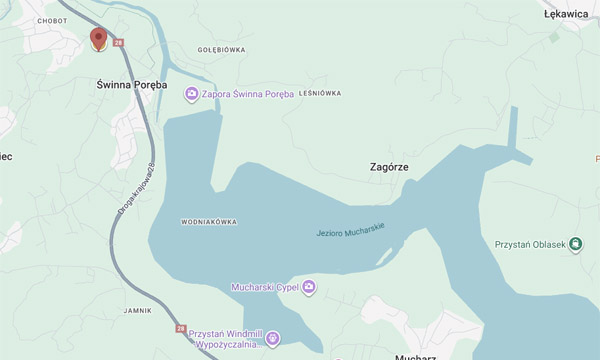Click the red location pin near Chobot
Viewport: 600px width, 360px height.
click(x=98, y=39)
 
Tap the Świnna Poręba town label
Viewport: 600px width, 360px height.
click(x=131, y=85)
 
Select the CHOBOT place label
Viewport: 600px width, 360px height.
click(x=51, y=19)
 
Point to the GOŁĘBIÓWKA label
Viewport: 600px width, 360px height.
click(x=221, y=49)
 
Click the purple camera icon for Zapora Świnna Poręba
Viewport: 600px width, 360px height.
click(x=191, y=94)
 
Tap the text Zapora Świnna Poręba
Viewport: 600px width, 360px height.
click(x=248, y=94)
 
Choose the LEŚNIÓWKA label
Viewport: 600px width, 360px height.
click(x=319, y=93)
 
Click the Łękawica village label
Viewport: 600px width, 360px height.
click(x=566, y=15)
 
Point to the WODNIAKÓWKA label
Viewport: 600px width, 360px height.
click(x=209, y=221)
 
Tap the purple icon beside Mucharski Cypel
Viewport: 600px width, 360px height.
click(x=309, y=288)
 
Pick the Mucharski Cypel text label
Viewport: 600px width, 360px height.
click(x=265, y=288)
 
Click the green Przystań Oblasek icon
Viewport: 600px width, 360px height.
click(x=576, y=244)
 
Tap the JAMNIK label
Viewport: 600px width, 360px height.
click(x=139, y=311)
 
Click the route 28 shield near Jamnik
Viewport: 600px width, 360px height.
click(x=180, y=327)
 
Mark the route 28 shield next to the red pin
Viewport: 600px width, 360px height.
click(x=118, y=43)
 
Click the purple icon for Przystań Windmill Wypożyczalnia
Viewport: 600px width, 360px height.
click(x=273, y=337)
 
